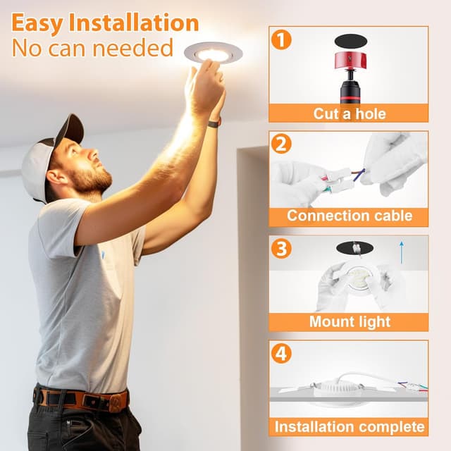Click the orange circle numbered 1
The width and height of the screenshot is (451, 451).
click(x=281, y=39)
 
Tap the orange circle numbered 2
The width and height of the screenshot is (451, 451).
click(x=281, y=144)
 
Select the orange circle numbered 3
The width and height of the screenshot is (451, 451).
click(x=281, y=249)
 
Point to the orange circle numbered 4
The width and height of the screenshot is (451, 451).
click(x=281, y=353)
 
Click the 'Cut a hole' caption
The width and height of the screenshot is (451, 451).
click(x=349, y=113)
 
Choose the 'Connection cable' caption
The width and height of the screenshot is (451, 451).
click(x=349, y=216)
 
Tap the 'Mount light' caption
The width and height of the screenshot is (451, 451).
click(x=349, y=322)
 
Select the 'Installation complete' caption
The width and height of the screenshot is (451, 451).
click(x=349, y=426)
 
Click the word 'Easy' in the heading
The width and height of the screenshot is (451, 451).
click(x=42, y=23)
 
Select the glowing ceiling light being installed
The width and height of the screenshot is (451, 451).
click(x=213, y=53)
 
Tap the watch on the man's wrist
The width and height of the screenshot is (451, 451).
click(x=214, y=123)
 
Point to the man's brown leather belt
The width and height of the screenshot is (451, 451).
click(x=81, y=399)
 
